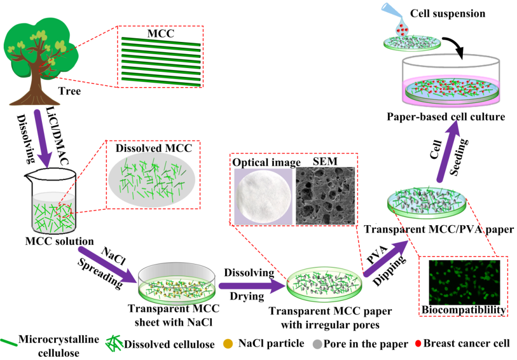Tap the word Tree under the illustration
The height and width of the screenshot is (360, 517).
tap(70, 91)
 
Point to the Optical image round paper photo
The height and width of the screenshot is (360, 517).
tap(263, 194)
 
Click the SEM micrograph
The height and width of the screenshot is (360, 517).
tap(324, 194)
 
